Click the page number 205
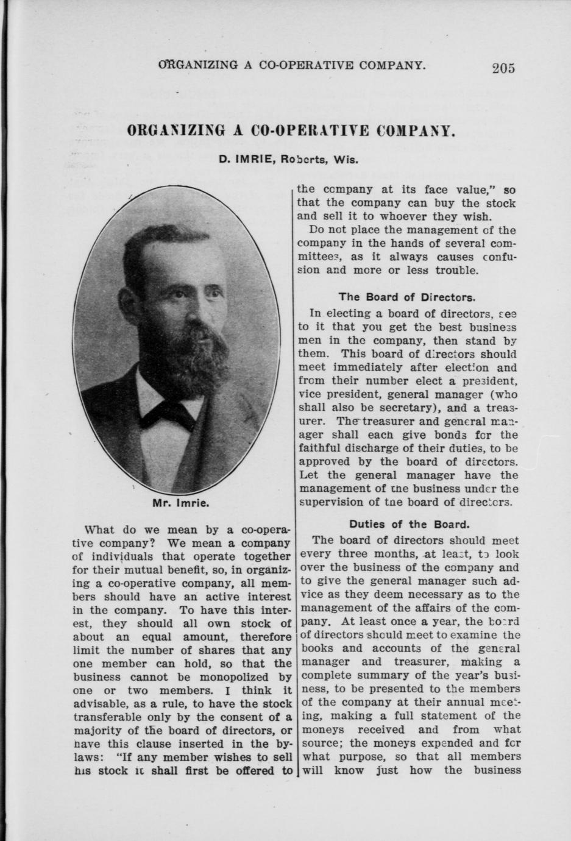pyautogui.click(x=503, y=68)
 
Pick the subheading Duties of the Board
pyautogui.click(x=408, y=524)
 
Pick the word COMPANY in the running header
pyautogui.click(x=386, y=64)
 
